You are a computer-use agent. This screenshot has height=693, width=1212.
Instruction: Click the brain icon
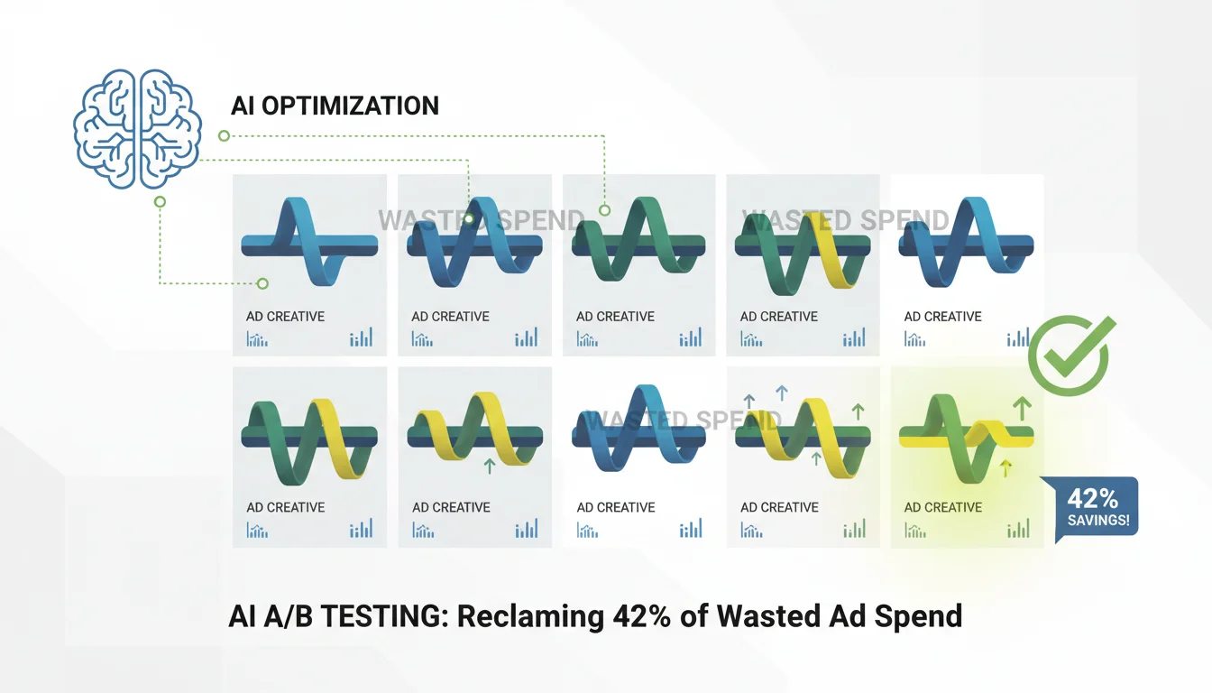pos(137,129)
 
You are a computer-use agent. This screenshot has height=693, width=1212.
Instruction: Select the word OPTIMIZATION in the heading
pos(350,106)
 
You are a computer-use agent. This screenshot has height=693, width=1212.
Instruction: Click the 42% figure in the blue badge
pos(1092,498)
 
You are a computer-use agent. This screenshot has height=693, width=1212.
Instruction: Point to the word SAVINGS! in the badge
pos(1098,521)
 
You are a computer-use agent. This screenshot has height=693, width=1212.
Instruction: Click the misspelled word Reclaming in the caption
pos(531,616)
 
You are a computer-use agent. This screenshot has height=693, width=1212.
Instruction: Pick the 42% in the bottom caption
pos(642,616)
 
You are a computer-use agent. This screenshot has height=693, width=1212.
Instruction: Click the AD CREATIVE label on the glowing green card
pos(942,507)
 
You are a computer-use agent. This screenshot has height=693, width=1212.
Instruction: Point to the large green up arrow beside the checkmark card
pos(1022,409)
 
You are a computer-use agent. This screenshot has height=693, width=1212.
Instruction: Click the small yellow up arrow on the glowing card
pos(1005,468)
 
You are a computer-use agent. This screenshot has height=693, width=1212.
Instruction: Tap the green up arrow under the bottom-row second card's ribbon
pos(489,467)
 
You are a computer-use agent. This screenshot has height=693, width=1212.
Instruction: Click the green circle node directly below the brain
pos(160,202)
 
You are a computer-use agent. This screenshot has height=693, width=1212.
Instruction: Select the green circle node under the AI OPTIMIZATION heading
pos(224,136)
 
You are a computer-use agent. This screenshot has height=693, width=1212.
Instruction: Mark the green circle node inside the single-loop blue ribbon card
pos(262,283)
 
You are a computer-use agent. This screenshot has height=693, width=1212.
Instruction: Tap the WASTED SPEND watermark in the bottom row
pos(684,420)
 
